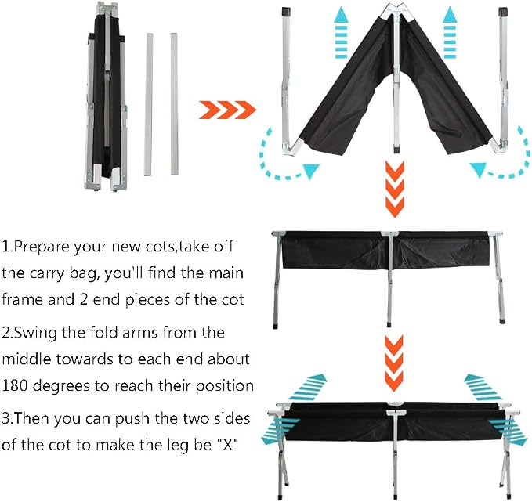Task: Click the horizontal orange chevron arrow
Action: (227, 110)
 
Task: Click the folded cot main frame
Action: (107, 96)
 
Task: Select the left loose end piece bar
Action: (149, 104)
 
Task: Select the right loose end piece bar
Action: (174, 104)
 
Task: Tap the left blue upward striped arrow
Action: (341, 33)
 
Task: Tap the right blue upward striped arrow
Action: (450, 33)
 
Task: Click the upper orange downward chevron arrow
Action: (395, 189)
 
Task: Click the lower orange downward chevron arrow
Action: (393, 363)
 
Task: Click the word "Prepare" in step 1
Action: (42, 247)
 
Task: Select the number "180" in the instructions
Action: (15, 386)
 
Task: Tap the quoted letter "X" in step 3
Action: (226, 444)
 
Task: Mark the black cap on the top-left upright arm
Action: (286, 12)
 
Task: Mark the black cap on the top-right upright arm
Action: (502, 12)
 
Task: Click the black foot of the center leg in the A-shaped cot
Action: (396, 150)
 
